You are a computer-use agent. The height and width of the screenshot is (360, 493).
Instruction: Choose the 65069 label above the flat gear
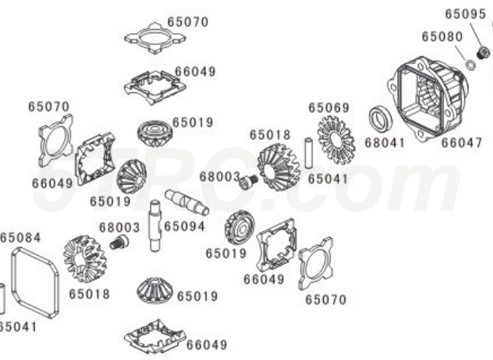pos(328,107)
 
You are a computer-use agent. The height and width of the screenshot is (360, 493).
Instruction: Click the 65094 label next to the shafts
pos(185,226)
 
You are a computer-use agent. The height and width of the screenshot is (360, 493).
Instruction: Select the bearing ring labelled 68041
pos(381,120)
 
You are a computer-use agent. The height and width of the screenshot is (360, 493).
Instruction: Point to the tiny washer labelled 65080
pos(468,66)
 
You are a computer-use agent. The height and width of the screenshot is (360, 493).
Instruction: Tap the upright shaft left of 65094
pos(156,226)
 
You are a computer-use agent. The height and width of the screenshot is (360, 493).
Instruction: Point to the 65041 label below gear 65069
pos(328,179)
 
